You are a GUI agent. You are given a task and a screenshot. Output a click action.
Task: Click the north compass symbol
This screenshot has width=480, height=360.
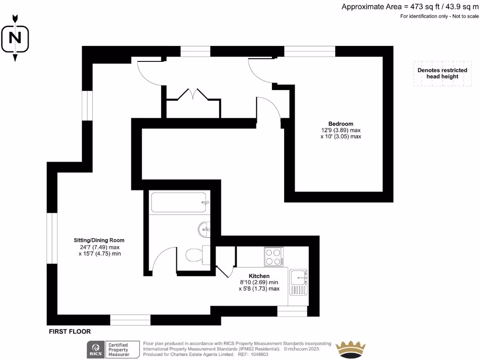(15, 37)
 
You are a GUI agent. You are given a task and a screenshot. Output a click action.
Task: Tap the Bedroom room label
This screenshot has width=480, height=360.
(340, 124)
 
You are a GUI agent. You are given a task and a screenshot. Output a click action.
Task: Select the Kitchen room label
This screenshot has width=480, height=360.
(259, 276)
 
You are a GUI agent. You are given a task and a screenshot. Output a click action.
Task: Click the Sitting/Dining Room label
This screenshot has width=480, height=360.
(102, 240)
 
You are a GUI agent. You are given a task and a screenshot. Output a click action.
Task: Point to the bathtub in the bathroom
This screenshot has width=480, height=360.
(179, 202)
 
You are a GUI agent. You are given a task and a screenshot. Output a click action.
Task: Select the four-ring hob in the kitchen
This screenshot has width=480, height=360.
(273, 256)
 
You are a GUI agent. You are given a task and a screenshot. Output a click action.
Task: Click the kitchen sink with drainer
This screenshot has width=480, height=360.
(298, 282)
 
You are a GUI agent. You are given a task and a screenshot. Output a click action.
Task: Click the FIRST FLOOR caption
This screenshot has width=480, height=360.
(70, 331)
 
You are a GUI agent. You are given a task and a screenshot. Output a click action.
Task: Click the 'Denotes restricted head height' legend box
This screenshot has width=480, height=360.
(442, 74)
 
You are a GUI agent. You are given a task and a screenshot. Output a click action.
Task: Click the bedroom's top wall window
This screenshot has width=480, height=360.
(309, 51)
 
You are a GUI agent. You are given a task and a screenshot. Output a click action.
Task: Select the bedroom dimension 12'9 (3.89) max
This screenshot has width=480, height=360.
(340, 130)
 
